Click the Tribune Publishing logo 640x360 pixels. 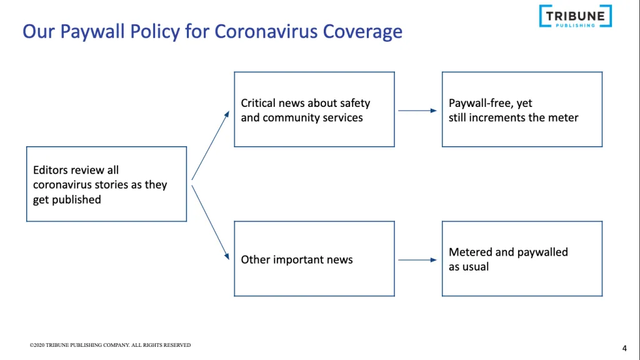pyautogui.click(x=576, y=16)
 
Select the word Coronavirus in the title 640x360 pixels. pyautogui.click(x=266, y=31)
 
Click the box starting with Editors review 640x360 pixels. pyautogui.click(x=106, y=184)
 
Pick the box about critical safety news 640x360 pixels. pyautogui.click(x=314, y=109)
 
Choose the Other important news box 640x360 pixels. pyautogui.click(x=314, y=259)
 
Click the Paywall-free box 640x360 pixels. pyautogui.click(x=522, y=109)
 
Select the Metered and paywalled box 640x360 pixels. pyautogui.click(x=522, y=259)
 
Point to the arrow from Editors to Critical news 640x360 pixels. pyautogui.click(x=211, y=145)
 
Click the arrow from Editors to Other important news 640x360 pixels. pyautogui.click(x=211, y=222)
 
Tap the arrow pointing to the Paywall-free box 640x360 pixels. pyautogui.click(x=417, y=111)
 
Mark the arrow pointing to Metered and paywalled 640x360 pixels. pyautogui.click(x=417, y=260)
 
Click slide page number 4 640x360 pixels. pyautogui.click(x=624, y=348)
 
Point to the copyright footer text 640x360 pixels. pyautogui.click(x=110, y=345)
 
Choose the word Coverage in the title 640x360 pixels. pyautogui.click(x=362, y=32)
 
